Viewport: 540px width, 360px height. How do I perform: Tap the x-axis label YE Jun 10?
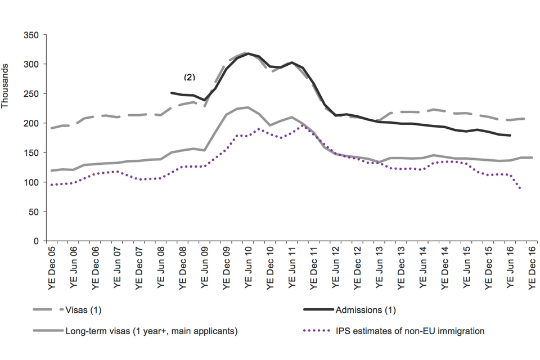[x=248, y=269]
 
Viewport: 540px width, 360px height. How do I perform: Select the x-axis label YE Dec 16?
[x=532, y=269]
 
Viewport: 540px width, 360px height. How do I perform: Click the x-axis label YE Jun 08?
[x=161, y=269]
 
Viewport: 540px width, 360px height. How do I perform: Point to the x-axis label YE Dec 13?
[x=400, y=269]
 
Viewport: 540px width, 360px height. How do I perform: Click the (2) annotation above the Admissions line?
[x=189, y=77]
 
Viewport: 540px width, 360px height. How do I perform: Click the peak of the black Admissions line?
[x=248, y=53]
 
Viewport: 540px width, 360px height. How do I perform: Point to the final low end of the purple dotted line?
[x=520, y=188]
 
